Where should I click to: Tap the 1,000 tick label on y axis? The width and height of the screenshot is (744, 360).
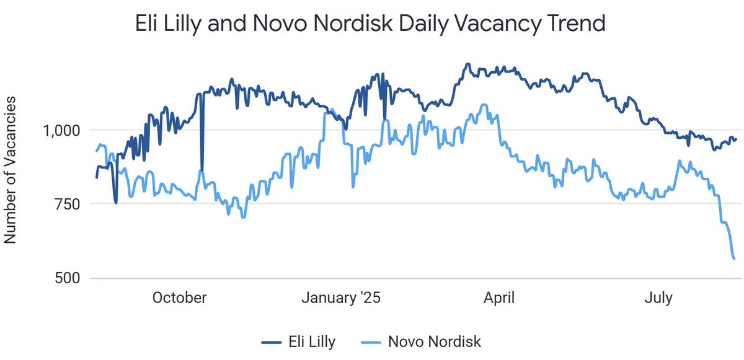click(x=62, y=130)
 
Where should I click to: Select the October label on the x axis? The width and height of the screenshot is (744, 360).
click(x=179, y=298)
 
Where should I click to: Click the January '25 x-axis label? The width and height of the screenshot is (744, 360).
click(x=340, y=298)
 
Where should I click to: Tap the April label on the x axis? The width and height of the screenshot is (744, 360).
click(x=499, y=298)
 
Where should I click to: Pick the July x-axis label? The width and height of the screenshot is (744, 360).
click(x=658, y=298)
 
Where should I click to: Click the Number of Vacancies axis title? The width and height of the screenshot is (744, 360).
click(x=11, y=169)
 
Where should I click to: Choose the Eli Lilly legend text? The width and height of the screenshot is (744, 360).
click(x=312, y=341)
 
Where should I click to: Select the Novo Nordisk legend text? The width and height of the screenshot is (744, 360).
click(x=434, y=341)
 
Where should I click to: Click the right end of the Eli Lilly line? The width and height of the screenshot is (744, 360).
click(x=736, y=139)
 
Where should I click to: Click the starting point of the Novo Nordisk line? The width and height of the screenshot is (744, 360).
click(x=96, y=151)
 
